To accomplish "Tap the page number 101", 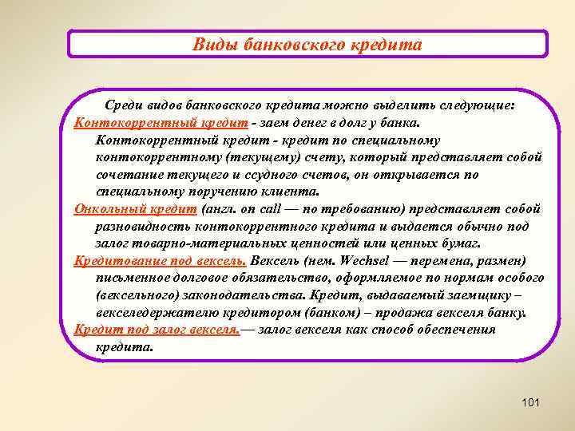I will (x=530, y=403).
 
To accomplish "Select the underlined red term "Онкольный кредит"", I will (x=134, y=210).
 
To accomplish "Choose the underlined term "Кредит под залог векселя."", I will (x=157, y=330).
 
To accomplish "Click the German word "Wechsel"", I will (x=366, y=261).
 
